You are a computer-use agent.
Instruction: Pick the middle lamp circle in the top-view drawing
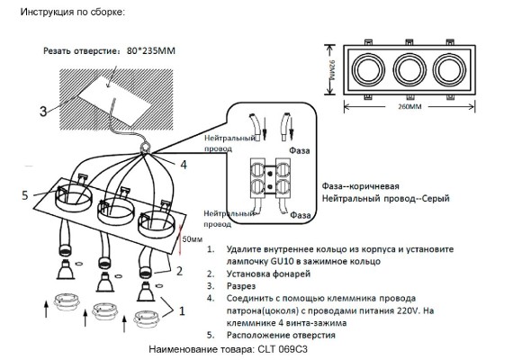[409, 70]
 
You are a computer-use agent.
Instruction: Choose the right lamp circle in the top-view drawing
[449, 70]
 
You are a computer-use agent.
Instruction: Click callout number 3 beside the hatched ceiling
[42, 112]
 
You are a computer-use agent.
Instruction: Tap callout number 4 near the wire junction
[183, 165]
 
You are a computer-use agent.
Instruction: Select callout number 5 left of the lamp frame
[25, 193]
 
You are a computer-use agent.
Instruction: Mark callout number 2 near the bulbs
[179, 268]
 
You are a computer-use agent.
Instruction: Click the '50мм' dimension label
[191, 240]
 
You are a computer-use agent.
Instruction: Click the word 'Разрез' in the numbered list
[242, 285]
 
